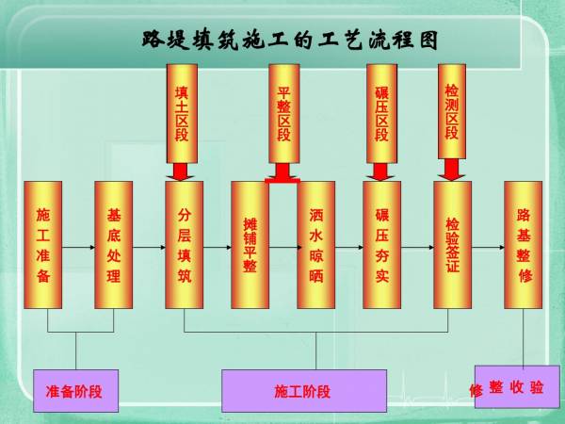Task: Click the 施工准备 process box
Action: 42,245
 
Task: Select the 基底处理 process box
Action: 113,245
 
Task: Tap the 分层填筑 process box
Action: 184,245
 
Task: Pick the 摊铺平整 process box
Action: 250,245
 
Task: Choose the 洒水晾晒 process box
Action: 315,245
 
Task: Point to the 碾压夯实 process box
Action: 381,245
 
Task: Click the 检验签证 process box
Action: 452,245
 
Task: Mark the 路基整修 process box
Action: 524,245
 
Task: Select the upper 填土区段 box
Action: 182,113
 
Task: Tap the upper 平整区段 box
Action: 283,113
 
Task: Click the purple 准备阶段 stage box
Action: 74,390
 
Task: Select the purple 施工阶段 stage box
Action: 303,390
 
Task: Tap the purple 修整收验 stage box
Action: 509,386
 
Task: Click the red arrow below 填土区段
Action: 182,172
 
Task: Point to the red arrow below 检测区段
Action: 451,169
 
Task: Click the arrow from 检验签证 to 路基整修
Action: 488,245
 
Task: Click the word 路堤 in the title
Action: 163,40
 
